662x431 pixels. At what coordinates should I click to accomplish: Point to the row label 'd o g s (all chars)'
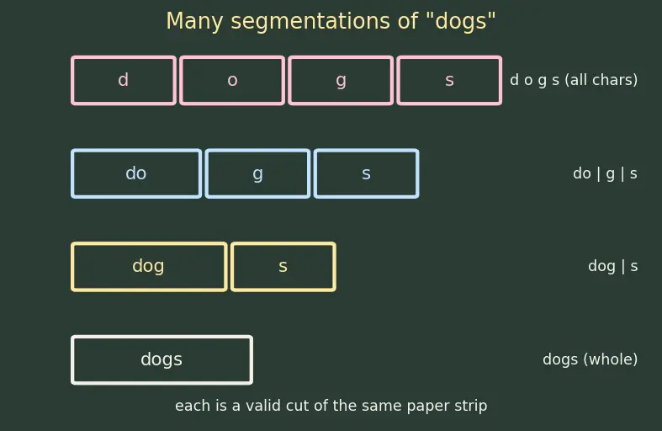coord(574,80)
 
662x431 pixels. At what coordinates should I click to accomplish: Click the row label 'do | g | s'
coord(605,173)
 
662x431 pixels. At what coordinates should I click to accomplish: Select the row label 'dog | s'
coord(612,266)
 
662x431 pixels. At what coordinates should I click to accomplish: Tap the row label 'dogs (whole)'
coord(591,359)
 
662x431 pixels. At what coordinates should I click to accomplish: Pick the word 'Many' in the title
coord(194,22)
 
